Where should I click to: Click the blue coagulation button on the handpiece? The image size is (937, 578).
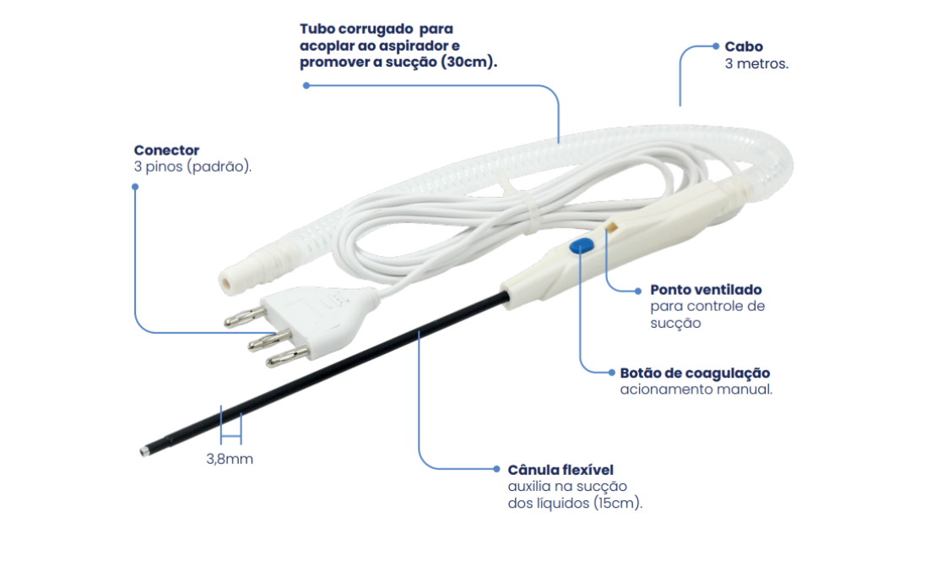coord(582,246)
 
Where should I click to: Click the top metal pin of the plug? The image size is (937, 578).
coord(245,317)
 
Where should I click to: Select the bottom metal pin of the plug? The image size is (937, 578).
coord(288,357)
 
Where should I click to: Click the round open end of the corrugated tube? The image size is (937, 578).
coord(227,282)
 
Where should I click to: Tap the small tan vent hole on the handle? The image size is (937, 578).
coord(611,226)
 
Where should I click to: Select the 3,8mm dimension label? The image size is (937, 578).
coord(230,459)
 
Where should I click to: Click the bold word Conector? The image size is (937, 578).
coord(166,150)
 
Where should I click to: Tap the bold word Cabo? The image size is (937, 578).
coord(744,46)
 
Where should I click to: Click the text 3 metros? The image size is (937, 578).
coord(756,63)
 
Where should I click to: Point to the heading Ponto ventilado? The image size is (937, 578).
coord(706,290)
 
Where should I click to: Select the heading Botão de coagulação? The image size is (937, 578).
coord(695,373)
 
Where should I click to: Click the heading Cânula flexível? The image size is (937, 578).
coord(561,470)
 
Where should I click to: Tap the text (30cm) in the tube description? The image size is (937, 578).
coord(468,62)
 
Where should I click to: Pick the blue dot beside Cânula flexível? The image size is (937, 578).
coord(496,469)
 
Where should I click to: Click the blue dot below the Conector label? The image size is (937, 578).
coord(135,187)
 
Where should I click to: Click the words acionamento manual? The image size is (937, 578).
coord(696,390)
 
